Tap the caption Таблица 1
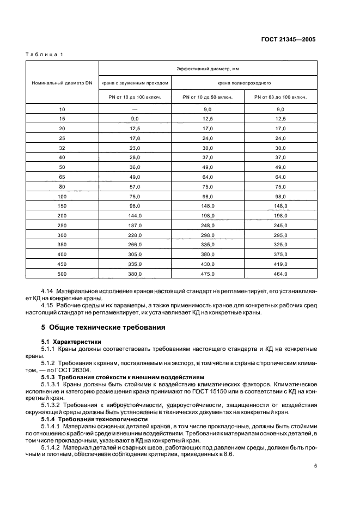[x=45, y=54]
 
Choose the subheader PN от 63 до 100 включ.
[x=280, y=98]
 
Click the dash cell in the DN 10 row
[x=135, y=110]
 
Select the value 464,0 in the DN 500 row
[x=280, y=274]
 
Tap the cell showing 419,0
[x=280, y=264]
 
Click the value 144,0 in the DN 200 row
[x=135, y=216]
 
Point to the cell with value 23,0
[x=135, y=148]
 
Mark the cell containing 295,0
[x=280, y=235]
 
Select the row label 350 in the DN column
[x=62, y=245]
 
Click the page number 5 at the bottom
[x=316, y=466]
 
